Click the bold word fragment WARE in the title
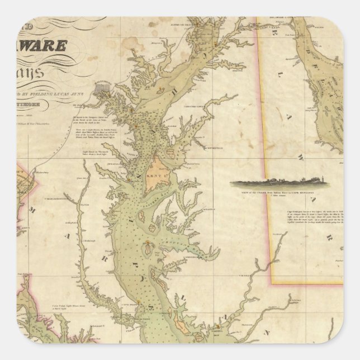click(x=54, y=44)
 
